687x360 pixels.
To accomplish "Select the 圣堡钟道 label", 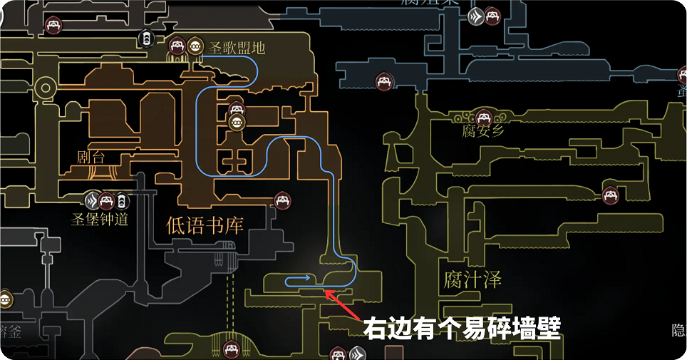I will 101,219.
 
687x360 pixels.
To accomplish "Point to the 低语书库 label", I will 205,226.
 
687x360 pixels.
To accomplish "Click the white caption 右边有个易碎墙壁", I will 463,329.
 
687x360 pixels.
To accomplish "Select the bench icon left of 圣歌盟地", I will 177,47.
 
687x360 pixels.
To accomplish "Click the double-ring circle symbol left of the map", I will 46,89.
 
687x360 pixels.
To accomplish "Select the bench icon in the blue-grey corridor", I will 384,82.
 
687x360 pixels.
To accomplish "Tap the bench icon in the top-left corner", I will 53,25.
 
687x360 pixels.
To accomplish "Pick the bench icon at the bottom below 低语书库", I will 231,349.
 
